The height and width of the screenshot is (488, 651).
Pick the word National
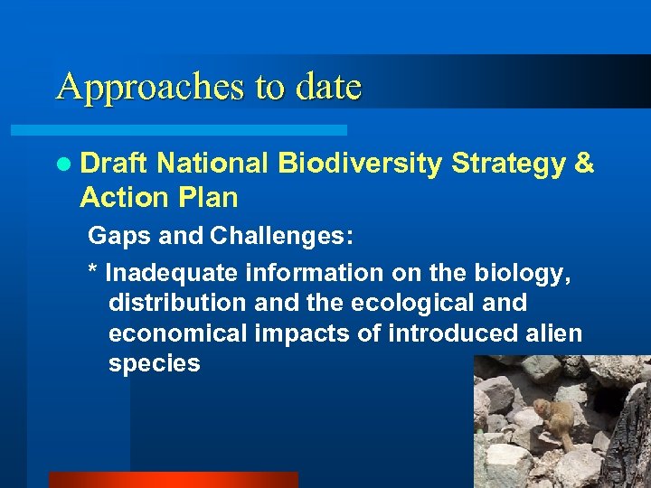pyautogui.click(x=212, y=164)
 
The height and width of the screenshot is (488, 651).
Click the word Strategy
pyautogui.click(x=507, y=164)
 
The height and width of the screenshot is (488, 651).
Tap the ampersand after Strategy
pyautogui.click(x=584, y=164)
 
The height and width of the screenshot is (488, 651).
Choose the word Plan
pyautogui.click(x=207, y=196)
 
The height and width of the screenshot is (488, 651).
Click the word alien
pyautogui.click(x=553, y=333)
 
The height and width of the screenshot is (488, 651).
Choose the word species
pyautogui.click(x=154, y=364)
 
